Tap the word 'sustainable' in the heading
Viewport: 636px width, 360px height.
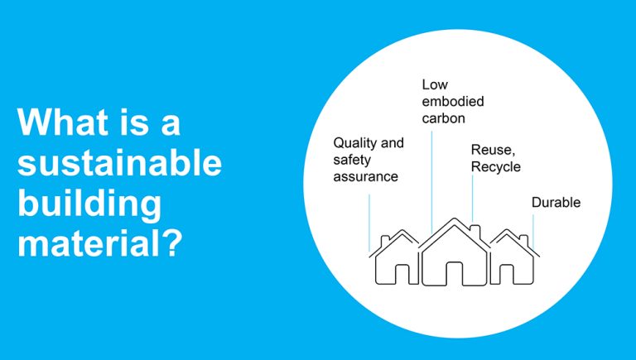pos(119,163)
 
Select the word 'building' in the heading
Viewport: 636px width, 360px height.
pos(88,204)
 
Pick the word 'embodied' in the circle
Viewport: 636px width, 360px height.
pos(452,102)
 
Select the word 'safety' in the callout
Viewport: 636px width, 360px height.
pos(353,160)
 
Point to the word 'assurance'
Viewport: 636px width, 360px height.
pos(365,176)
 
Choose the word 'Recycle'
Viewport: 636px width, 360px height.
pos(496,166)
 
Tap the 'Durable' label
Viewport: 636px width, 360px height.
pos(556,202)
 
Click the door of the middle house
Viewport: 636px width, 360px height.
pos(454,272)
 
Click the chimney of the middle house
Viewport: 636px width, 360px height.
pos(475,228)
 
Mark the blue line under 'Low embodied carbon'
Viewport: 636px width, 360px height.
pos(431,182)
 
